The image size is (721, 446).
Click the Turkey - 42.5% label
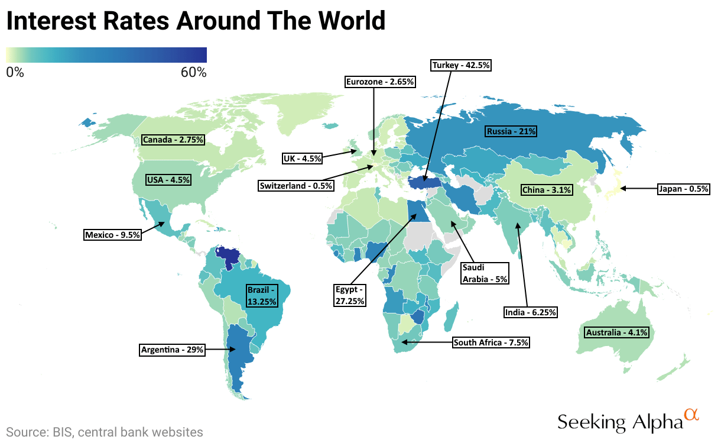click(461, 65)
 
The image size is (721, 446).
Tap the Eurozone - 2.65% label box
click(381, 82)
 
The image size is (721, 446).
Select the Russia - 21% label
click(511, 131)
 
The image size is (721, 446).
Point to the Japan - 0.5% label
click(683, 189)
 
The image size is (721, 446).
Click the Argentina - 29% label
click(173, 350)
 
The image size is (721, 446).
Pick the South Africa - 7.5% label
click(491, 342)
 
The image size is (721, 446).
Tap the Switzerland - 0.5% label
click(296, 186)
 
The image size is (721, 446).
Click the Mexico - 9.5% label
click(113, 235)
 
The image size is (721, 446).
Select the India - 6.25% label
click(530, 312)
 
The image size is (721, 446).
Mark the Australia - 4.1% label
click(617, 332)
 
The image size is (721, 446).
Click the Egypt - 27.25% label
click(350, 295)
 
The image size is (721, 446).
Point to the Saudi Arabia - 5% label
click(485, 273)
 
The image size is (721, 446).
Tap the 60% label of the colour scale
click(193, 73)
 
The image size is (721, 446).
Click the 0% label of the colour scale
click(15, 73)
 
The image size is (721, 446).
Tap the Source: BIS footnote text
click(105, 432)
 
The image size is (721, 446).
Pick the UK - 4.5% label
click(302, 158)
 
